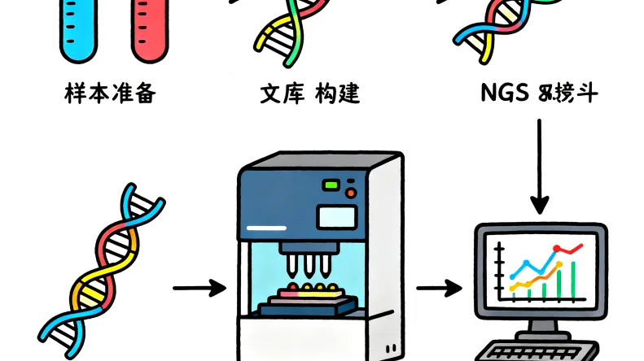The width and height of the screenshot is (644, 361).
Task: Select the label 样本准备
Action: point(110,94)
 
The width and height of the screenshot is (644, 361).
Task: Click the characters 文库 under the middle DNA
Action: point(278,94)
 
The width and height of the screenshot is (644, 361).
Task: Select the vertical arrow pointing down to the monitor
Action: point(540,167)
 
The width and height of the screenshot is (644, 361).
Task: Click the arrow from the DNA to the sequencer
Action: point(199,287)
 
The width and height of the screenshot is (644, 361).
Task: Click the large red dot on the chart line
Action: point(558,248)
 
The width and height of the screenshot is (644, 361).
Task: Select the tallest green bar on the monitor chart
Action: point(575,279)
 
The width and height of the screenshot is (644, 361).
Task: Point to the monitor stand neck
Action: point(540,326)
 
